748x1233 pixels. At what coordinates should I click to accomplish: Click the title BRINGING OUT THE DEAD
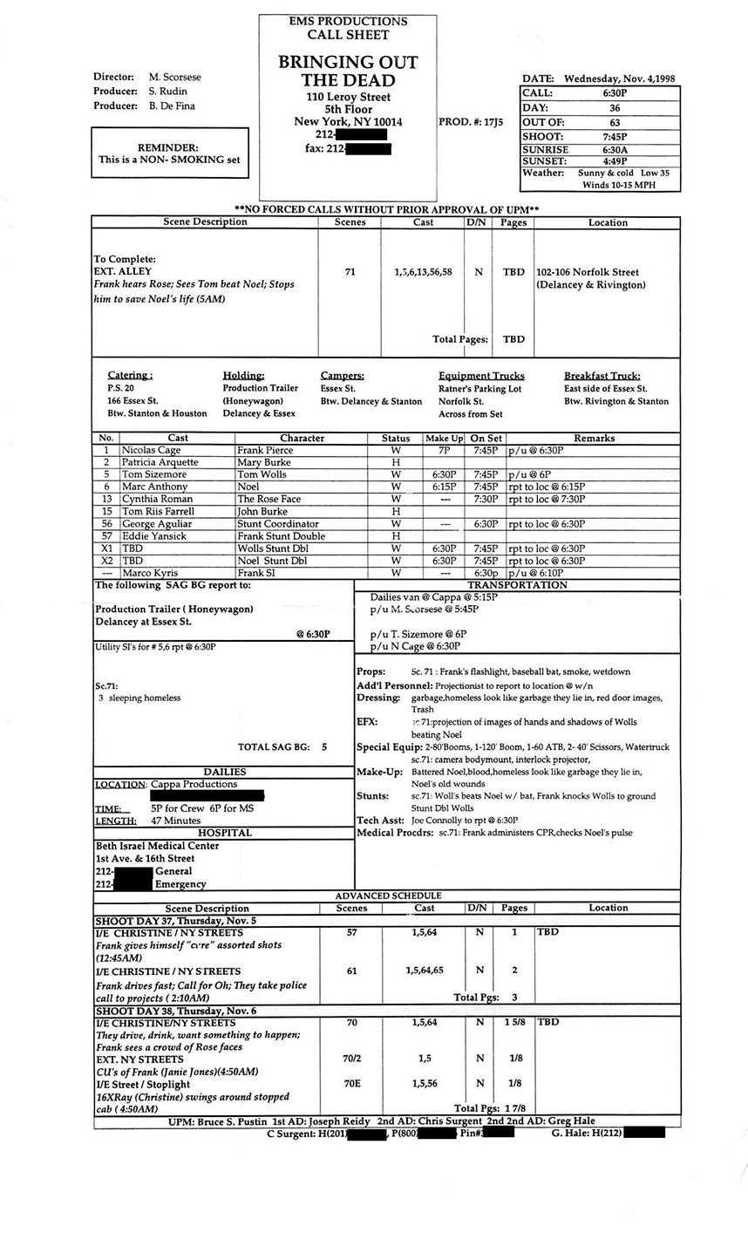tap(348, 71)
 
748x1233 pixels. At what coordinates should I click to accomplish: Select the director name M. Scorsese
tap(167, 77)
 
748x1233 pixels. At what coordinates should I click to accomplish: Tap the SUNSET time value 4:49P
tap(615, 161)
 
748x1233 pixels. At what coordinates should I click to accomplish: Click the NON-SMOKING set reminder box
tap(169, 153)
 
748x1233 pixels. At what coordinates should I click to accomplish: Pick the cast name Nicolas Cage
tap(152, 450)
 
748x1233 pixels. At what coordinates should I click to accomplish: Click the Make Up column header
tap(445, 438)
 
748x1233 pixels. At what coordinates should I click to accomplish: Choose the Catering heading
tap(130, 375)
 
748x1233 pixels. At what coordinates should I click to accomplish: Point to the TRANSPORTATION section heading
tap(517, 585)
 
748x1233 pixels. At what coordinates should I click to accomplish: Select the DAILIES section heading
tap(224, 772)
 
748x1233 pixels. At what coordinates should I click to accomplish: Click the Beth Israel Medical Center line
tap(157, 846)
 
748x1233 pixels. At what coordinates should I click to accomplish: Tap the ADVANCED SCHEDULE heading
tap(388, 896)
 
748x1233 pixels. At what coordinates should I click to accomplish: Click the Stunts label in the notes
tap(372, 796)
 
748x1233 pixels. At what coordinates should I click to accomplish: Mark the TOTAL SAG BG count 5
tap(324, 746)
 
